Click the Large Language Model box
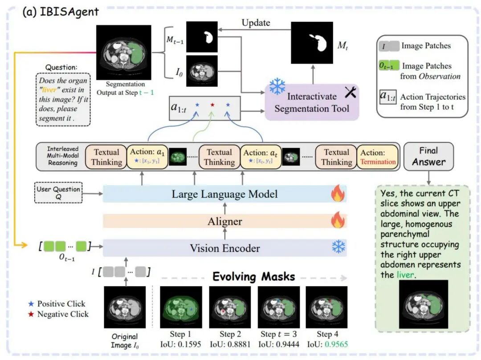pyautogui.click(x=224, y=194)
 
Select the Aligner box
pyautogui.click(x=224, y=221)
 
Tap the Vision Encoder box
pyautogui.click(x=224, y=248)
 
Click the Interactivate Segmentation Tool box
pyautogui.click(x=312, y=102)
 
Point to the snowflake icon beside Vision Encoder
pyautogui.click(x=338, y=247)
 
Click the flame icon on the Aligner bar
pyautogui.click(x=338, y=220)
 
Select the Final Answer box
pyautogui.click(x=428, y=156)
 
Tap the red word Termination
pyautogui.click(x=377, y=162)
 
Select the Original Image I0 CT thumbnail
pyautogui.click(x=125, y=307)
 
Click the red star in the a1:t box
pyautogui.click(x=212, y=105)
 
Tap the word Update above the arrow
pyautogui.click(x=257, y=23)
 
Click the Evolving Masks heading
pyautogui.click(x=253, y=276)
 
